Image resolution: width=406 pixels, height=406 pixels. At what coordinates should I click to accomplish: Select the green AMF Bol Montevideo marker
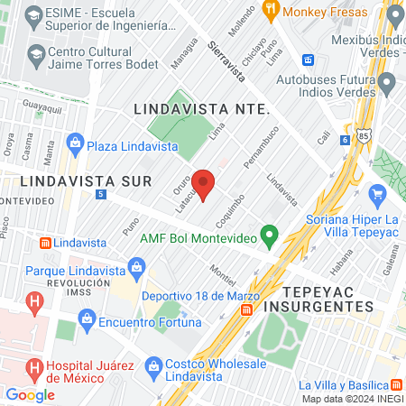point(268,238)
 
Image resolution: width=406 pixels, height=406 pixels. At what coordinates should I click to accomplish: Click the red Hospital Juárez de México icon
point(35,367)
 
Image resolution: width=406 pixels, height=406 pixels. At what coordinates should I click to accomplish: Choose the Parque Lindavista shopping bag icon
point(137,267)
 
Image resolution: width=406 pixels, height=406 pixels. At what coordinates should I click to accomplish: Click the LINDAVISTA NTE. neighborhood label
point(201,108)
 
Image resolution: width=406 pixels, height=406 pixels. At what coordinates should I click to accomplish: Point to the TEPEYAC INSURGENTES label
point(327,300)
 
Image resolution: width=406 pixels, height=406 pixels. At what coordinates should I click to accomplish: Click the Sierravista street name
point(226,60)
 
